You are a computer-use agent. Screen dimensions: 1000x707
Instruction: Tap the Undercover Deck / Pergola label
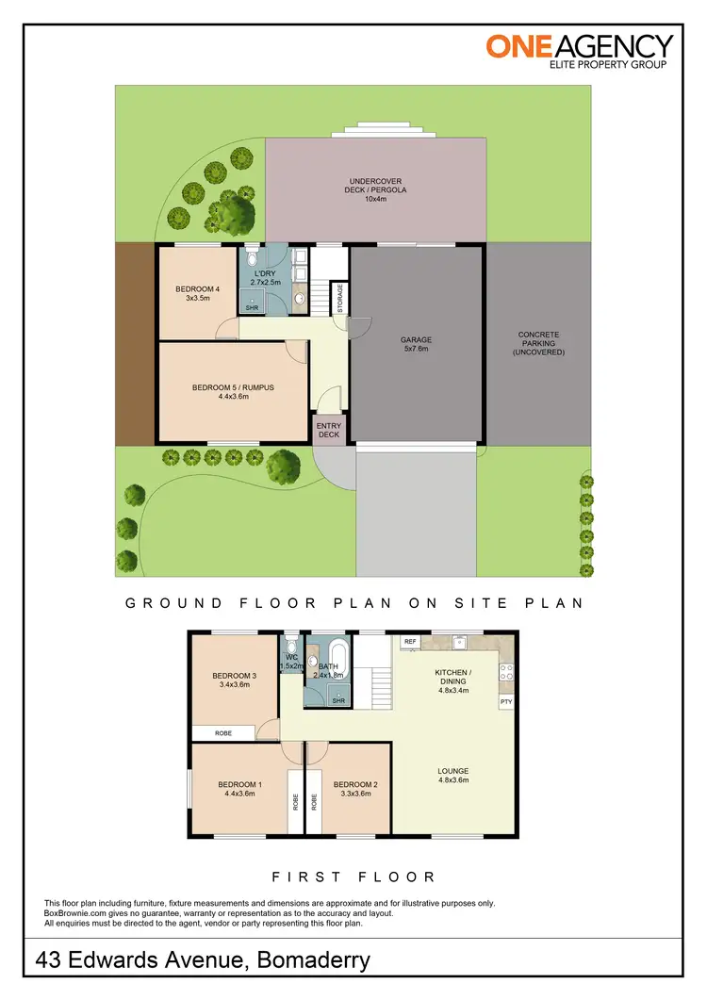coord(376,189)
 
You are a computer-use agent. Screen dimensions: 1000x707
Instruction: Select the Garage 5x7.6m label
coord(416,344)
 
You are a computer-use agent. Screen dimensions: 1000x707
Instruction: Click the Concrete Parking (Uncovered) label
coord(538,343)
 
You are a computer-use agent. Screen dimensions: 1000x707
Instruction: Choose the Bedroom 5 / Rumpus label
coord(233,391)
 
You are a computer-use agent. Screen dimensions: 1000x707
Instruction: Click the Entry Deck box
coord(330,430)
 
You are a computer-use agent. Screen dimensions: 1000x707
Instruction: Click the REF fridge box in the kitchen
coord(410,642)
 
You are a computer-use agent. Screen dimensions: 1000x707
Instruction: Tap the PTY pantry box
coord(506,702)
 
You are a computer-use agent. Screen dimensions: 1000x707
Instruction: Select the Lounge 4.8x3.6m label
coord(452,776)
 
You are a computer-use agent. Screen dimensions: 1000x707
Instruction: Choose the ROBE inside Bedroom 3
coord(223,732)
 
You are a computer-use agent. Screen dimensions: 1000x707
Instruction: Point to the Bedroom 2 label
coord(355,789)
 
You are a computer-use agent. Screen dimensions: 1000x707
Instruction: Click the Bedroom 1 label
coord(240,789)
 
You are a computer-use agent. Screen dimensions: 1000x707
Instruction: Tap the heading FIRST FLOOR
coord(353,877)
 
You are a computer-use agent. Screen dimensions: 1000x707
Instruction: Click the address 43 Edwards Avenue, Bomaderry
coord(203,960)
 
